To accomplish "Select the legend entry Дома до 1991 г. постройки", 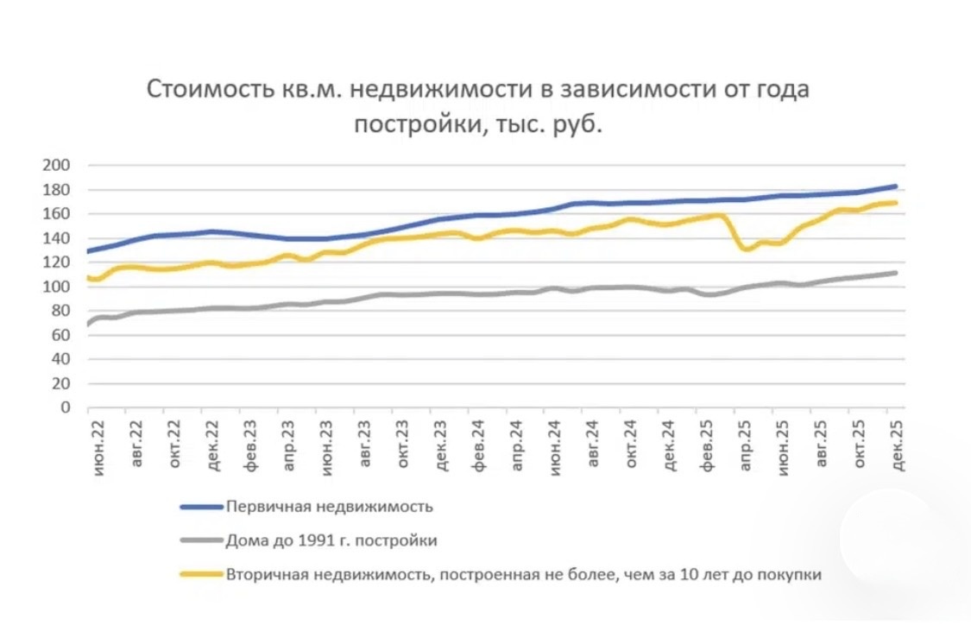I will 331,540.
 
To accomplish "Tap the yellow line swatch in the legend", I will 201,573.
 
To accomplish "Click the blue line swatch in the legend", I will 201,506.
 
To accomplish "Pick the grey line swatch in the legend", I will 201,540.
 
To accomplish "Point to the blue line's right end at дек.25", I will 896,186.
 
